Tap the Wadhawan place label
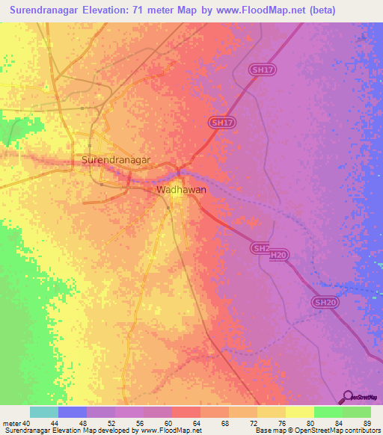pyautogui.click(x=181, y=190)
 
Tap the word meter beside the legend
pyautogui.click(x=11, y=424)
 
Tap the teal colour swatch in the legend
pyautogui.click(x=44, y=412)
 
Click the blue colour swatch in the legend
pyautogui.click(x=73, y=412)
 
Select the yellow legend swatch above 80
pyautogui.click(x=300, y=412)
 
